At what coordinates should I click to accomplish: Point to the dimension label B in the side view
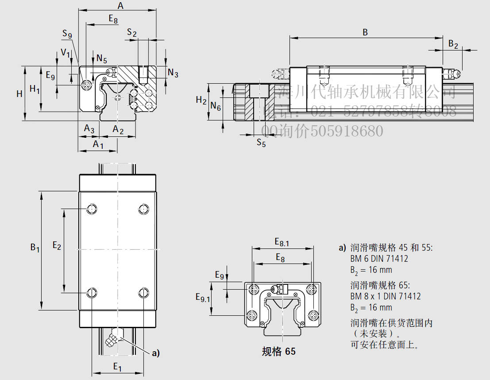coord(365,32)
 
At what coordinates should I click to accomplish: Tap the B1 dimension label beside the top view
coord(35,248)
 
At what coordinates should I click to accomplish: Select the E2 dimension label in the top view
coord(57,245)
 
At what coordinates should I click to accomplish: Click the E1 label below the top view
coord(117,367)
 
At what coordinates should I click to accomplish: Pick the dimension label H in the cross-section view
coord(19,93)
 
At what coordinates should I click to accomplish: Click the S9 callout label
coord(67,34)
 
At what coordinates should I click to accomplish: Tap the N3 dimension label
coord(173,73)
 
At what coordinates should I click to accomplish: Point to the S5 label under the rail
coord(262,143)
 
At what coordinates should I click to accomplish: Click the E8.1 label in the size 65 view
coord(282,242)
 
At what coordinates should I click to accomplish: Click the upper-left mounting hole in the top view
coord(92,209)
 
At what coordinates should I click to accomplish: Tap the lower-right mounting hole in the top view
coord(143,293)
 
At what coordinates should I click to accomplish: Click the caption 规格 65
coord(278,352)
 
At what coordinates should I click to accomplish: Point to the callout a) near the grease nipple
coord(155,353)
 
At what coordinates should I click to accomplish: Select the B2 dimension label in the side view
coord(453,44)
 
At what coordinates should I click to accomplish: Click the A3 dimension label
coord(89,129)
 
